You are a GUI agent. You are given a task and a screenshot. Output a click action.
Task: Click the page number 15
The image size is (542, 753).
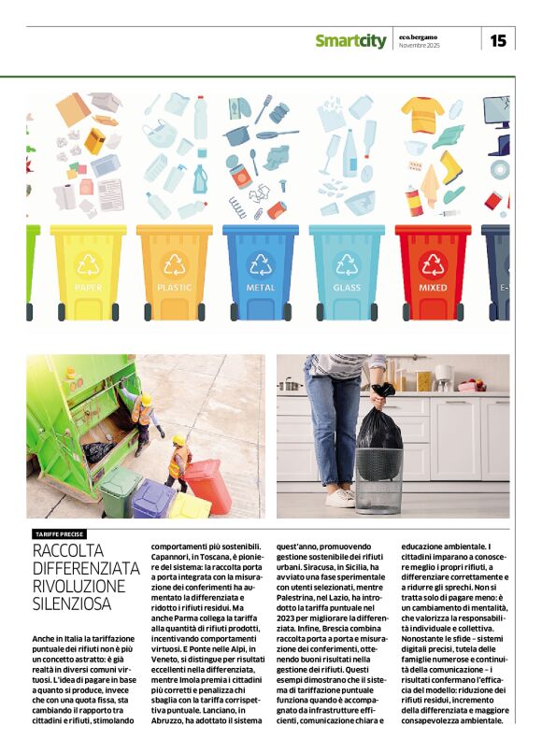click(x=498, y=40)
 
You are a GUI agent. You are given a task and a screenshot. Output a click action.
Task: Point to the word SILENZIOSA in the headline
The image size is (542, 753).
click(x=72, y=604)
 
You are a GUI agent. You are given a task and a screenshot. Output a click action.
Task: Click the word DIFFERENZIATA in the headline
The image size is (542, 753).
click(x=86, y=568)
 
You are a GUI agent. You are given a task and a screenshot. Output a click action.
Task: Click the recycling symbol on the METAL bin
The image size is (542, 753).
click(x=261, y=264)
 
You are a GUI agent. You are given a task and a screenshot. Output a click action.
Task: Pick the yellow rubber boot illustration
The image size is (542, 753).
click(x=451, y=167)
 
